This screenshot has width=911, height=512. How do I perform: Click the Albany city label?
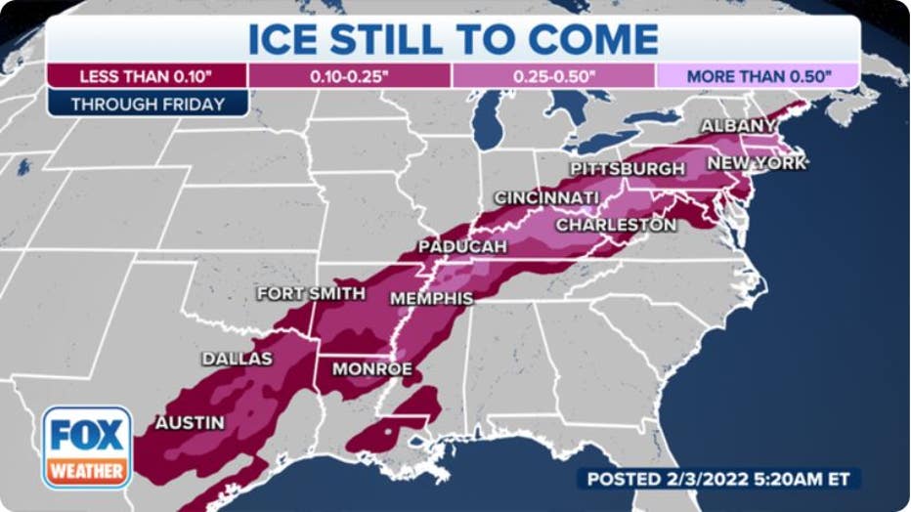point(738,126)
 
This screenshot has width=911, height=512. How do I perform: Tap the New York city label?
point(757,163)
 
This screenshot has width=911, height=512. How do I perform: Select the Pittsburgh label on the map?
point(627,169)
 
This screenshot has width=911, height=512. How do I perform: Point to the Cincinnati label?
point(545,198)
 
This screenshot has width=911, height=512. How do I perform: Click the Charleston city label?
point(616,225)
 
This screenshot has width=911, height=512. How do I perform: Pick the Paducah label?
point(462,247)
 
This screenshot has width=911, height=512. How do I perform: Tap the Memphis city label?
point(431,298)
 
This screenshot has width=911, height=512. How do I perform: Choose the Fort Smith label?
point(311,293)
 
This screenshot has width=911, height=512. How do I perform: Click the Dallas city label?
point(237,359)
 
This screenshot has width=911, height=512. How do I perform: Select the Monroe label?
point(371,369)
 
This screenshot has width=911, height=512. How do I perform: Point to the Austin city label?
point(189,423)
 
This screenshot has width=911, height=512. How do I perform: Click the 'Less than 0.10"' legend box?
point(147,76)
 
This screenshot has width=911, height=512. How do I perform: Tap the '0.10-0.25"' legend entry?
point(350,76)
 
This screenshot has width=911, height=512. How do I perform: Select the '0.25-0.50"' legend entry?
point(553,76)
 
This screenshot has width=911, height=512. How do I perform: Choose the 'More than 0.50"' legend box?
point(758,76)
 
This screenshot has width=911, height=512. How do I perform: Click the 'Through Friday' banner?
point(148,104)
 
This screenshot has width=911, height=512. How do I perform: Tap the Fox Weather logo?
point(87,447)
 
